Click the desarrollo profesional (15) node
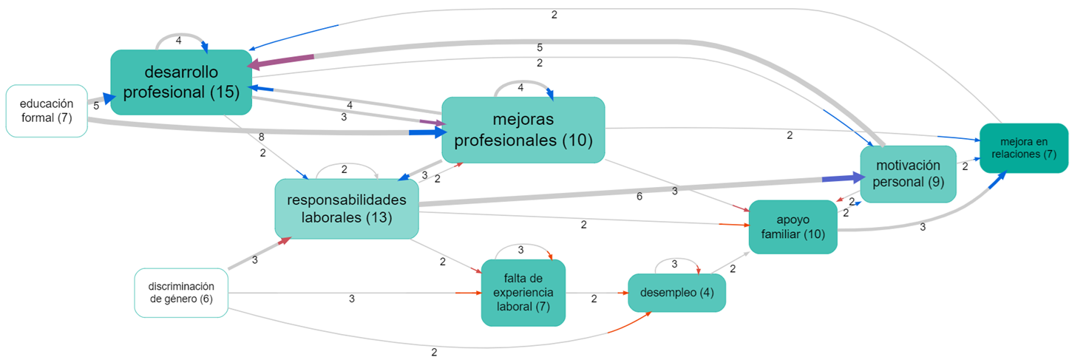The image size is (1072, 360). [181, 82]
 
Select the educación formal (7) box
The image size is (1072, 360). [47, 111]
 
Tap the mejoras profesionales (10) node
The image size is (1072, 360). [523, 129]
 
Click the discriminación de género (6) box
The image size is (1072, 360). [181, 293]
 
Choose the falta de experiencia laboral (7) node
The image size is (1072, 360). [523, 293]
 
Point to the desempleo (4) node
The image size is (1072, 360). [676, 293]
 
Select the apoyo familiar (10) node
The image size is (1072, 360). [793, 227]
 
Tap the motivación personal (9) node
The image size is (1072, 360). [908, 174]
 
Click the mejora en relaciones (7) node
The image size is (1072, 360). [1023, 148]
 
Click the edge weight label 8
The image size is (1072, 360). [262, 137]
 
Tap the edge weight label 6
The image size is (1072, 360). [639, 197]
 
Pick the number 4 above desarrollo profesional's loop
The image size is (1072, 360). [178, 41]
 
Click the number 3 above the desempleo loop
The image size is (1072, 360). [674, 264]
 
